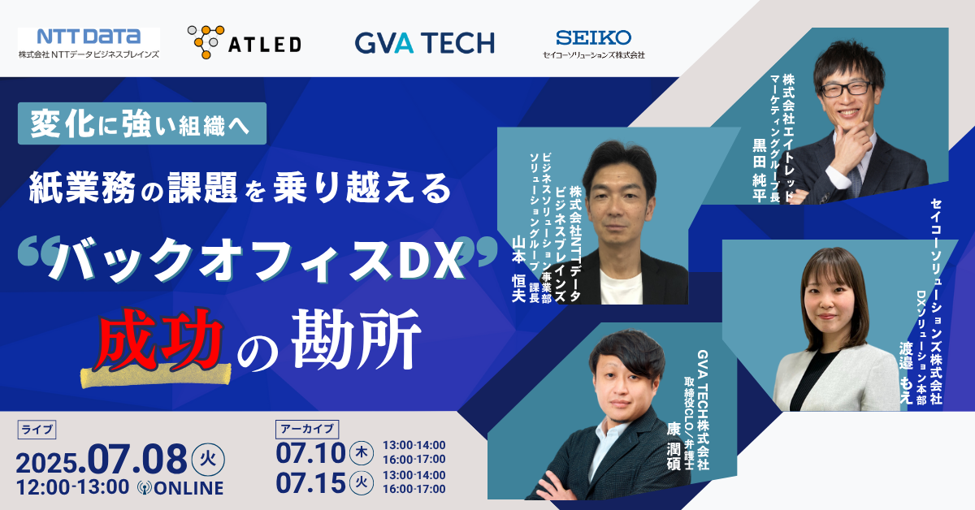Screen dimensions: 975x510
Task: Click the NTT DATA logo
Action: tap(89, 43)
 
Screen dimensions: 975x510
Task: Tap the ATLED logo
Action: tap(245, 41)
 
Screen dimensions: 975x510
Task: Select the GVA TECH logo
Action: tap(425, 43)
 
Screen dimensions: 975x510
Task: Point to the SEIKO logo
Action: tap(593, 44)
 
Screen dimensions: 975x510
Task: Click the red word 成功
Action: tap(158, 339)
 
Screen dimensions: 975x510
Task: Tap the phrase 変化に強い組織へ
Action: tap(141, 123)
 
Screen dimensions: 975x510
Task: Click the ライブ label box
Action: tap(37, 430)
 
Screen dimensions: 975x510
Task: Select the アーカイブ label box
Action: tap(307, 429)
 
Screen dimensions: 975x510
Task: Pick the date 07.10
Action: tap(310, 453)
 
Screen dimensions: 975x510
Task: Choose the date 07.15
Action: tap(310, 483)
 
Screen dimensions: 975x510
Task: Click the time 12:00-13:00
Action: tap(72, 487)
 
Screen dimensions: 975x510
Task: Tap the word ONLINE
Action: tap(188, 488)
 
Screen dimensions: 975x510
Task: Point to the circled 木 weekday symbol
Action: tap(362, 453)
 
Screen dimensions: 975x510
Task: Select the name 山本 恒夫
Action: tap(518, 269)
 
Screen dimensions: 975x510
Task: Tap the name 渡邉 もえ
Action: tap(906, 373)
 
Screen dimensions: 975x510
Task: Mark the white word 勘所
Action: tap(356, 339)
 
